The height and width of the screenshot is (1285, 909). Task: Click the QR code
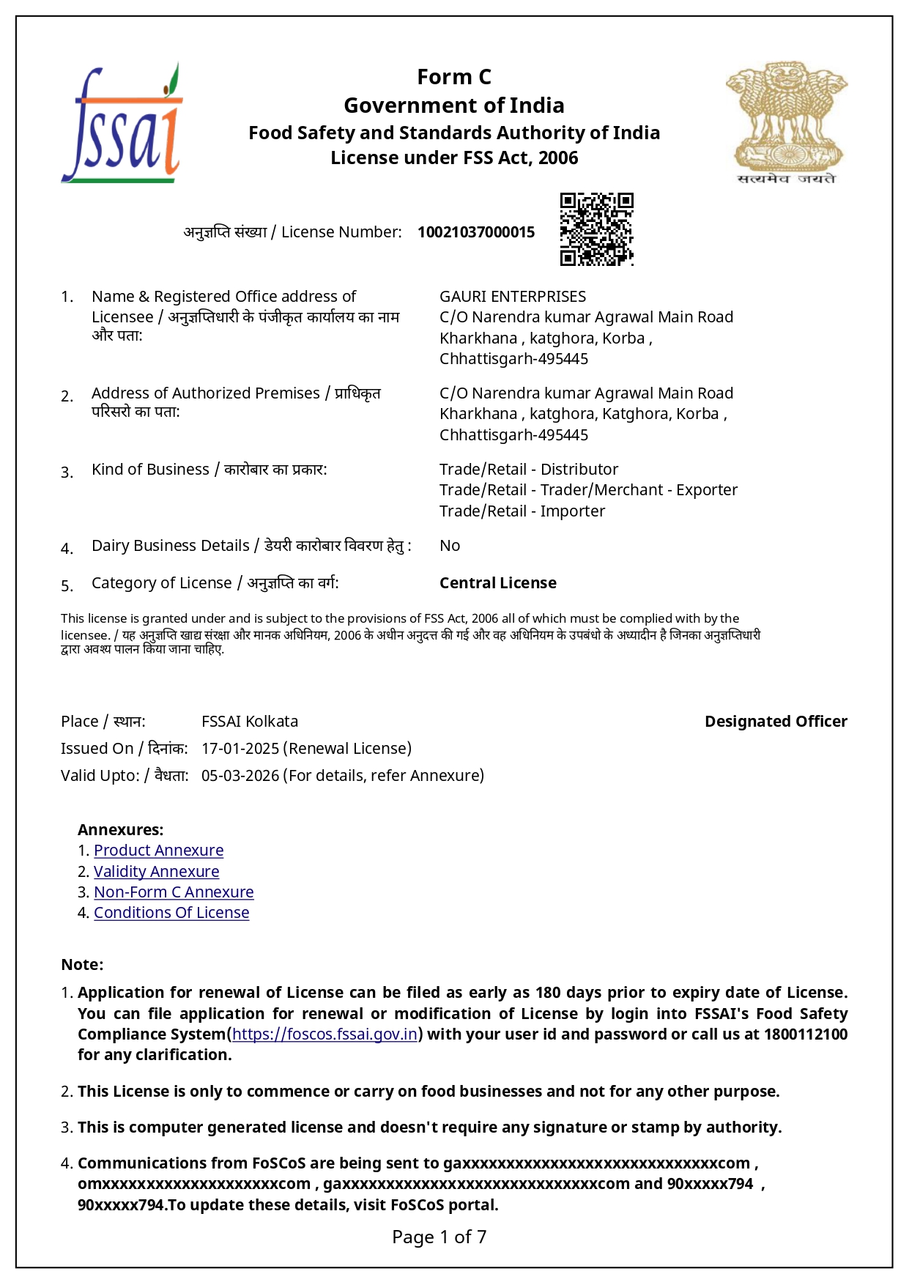point(596,229)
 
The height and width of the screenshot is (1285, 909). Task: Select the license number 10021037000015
point(476,232)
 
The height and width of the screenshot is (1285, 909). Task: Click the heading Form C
point(454,77)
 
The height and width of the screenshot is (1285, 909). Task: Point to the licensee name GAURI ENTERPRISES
point(513,297)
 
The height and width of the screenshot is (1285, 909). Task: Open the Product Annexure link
point(158,851)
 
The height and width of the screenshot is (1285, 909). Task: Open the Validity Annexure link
point(156,872)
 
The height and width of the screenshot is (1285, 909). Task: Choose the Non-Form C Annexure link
point(174,892)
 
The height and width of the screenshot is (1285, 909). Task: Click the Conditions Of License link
point(171,913)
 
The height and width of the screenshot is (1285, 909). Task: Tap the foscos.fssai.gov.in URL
point(324,1034)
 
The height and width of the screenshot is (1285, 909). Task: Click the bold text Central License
point(498,583)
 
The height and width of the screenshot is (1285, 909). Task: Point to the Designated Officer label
point(776,722)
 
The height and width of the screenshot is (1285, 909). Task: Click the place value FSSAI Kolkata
point(250,722)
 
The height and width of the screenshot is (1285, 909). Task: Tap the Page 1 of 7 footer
point(439,1237)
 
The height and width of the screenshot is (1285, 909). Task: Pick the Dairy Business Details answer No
point(450,546)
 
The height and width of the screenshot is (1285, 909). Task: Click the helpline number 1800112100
point(806,1034)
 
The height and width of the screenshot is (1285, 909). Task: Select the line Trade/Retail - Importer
point(522,511)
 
